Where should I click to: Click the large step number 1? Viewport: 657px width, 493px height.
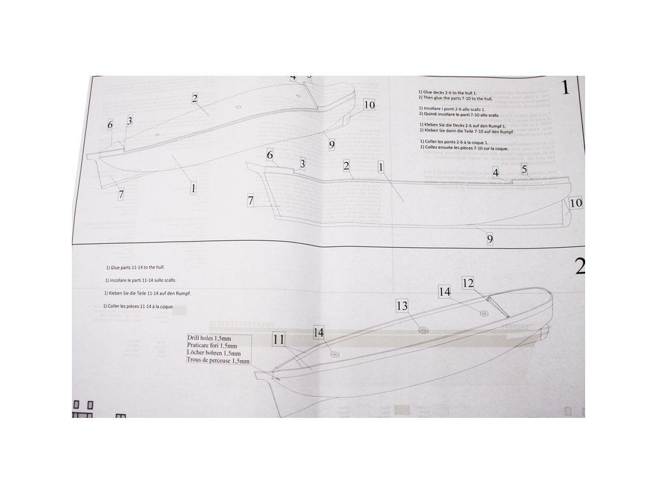coord(565,88)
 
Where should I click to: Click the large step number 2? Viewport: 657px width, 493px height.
coord(579,265)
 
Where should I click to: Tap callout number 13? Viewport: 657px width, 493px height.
coord(402,306)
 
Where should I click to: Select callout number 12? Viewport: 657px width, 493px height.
coord(468,282)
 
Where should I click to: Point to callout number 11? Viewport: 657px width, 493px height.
coord(278,340)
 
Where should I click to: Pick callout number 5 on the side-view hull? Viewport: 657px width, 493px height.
coord(524,169)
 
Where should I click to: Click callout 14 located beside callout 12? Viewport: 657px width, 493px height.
coord(445,291)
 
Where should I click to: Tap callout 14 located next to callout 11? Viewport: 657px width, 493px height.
coord(319,332)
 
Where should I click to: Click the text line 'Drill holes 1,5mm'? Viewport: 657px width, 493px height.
coord(209,337)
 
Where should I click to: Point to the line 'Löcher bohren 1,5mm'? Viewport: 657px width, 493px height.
coord(214,353)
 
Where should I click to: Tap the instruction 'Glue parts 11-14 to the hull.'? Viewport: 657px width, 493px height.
coord(139,266)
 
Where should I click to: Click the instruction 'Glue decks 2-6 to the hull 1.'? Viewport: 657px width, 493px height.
coord(448,92)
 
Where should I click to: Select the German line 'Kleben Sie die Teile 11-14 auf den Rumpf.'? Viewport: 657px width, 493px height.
coord(149,293)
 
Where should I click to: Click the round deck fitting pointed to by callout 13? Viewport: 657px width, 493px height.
coord(423,329)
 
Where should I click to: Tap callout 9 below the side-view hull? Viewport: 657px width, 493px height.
coord(490,239)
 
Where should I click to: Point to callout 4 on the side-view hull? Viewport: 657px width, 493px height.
coord(496,172)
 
